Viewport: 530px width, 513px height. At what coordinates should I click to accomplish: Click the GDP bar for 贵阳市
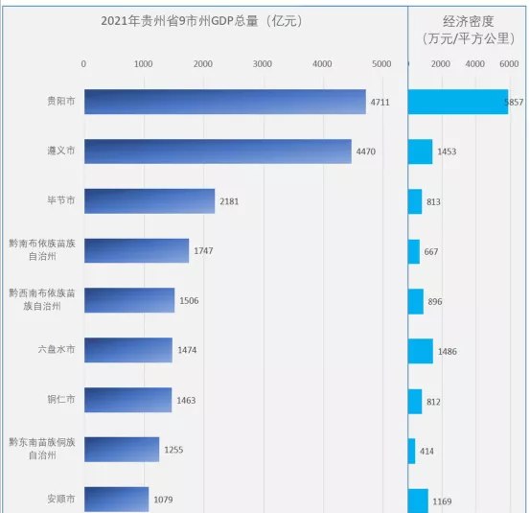click(x=224, y=102)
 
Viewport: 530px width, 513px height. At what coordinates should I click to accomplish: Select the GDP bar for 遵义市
click(x=218, y=152)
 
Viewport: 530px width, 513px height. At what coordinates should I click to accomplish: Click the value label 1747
click(x=204, y=251)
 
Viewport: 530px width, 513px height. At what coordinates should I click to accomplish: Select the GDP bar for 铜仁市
click(x=127, y=400)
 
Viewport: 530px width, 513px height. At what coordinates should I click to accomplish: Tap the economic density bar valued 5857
click(x=457, y=102)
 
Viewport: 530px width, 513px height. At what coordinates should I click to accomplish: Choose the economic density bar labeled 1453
click(x=420, y=152)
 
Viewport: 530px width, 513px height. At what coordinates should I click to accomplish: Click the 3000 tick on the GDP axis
click(x=263, y=64)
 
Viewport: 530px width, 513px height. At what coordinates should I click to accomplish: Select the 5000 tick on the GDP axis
click(x=381, y=64)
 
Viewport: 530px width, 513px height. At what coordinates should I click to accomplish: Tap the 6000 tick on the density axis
click(x=509, y=64)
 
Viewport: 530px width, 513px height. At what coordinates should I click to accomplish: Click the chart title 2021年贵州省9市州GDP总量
click(x=202, y=20)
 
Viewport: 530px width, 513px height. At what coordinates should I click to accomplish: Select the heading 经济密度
click(x=469, y=20)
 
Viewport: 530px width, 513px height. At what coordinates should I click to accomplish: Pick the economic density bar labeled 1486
click(x=421, y=350)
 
